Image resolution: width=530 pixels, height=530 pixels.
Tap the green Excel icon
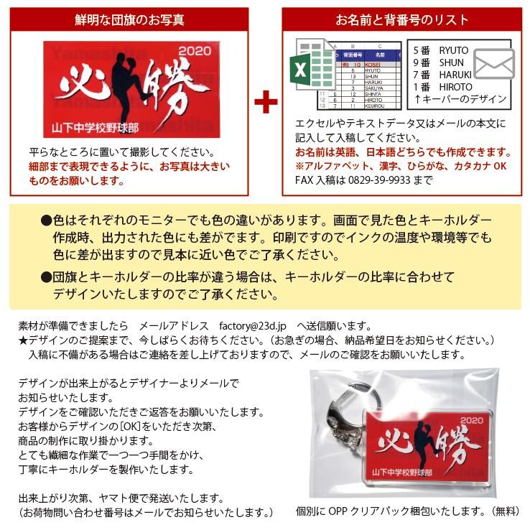(x=302, y=70)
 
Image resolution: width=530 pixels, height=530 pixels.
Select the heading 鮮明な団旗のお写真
(x=129, y=19)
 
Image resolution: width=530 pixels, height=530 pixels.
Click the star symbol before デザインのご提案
(x=22, y=340)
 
